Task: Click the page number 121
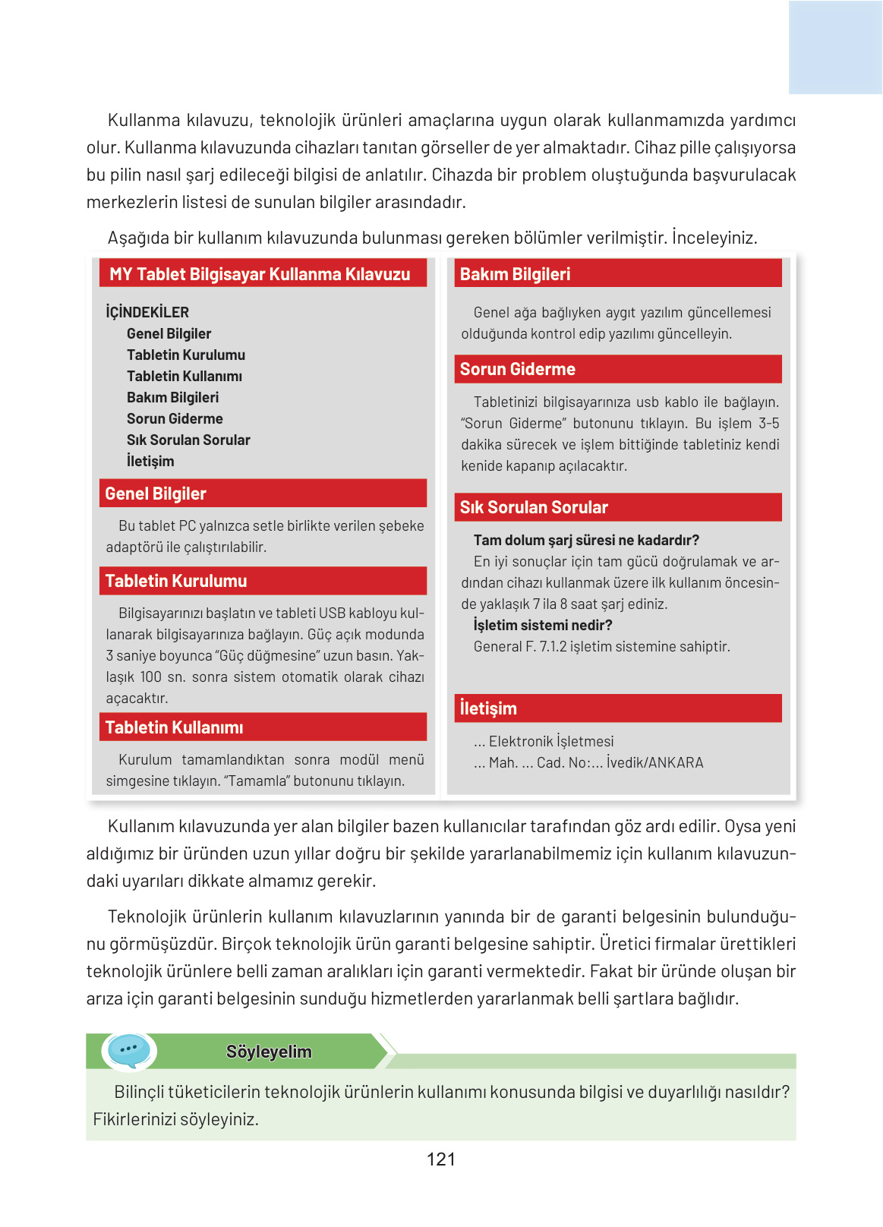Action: [x=440, y=1159]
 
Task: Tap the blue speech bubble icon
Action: [x=128, y=1050]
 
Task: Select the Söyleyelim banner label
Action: [x=269, y=1052]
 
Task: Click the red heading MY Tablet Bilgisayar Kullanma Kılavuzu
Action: [x=260, y=274]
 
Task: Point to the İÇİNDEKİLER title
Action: [x=147, y=312]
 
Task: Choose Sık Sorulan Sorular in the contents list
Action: [x=188, y=440]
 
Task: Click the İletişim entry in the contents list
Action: [x=150, y=461]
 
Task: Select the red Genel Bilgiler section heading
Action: [x=156, y=494]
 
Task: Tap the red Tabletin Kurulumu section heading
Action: [x=176, y=581]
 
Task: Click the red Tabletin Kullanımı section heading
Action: [x=174, y=727]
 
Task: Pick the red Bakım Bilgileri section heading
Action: [x=515, y=274]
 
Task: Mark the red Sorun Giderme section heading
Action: [x=517, y=369]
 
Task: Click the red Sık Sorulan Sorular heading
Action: [x=534, y=507]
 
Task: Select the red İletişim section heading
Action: [x=488, y=708]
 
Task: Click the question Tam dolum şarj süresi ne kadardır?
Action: [x=586, y=540]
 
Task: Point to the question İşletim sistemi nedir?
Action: [x=543, y=625]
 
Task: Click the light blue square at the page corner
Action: [x=834, y=47]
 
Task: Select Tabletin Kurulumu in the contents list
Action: [x=186, y=355]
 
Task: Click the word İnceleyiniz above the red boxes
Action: [x=714, y=238]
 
